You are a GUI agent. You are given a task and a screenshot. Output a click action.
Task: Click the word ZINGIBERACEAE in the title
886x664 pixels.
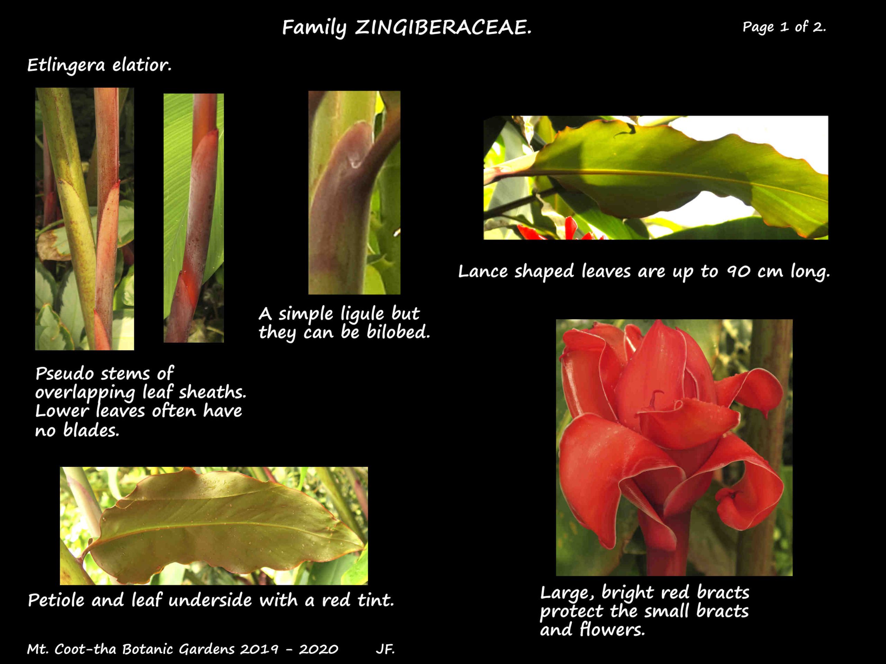pos(443,28)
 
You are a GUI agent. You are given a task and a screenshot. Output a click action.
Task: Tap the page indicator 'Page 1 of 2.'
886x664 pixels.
pos(784,27)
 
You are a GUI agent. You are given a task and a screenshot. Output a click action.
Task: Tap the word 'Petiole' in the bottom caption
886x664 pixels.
pos(56,600)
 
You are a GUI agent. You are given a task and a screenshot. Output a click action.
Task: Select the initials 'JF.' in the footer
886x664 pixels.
pos(385,649)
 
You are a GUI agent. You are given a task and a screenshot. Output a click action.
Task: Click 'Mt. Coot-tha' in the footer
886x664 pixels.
pos(72,649)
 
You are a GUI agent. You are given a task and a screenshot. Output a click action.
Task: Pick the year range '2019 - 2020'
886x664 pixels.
pos(289,649)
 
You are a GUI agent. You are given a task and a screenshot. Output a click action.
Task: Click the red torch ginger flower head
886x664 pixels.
pos(669,432)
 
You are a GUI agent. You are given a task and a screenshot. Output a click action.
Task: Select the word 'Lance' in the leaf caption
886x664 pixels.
pos(483,272)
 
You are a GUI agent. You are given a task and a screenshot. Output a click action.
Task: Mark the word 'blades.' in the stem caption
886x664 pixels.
pos(91,430)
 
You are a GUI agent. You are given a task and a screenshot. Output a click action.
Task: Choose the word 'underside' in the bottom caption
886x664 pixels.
pos(211,600)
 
